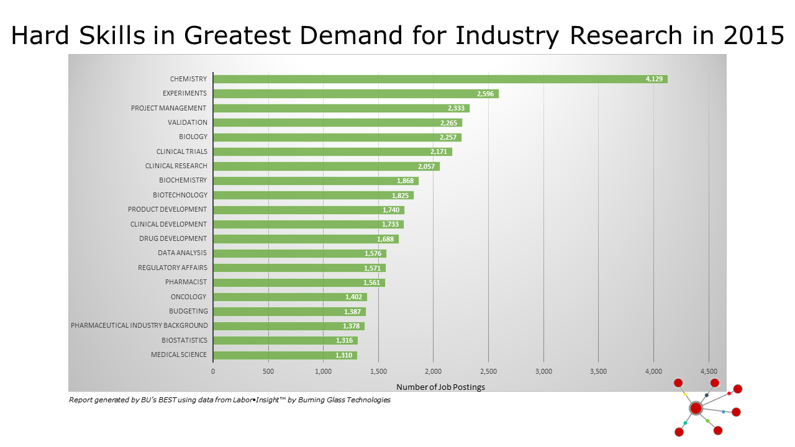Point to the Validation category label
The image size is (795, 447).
188,122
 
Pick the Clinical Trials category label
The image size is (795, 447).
182,151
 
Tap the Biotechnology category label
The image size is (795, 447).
180,195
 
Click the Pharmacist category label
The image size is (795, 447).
186,282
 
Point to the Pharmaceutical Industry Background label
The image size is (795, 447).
139,325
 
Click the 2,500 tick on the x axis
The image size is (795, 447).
488,371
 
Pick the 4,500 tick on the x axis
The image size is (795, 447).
708,371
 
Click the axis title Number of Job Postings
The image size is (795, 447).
440,387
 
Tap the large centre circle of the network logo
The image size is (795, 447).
696,408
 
